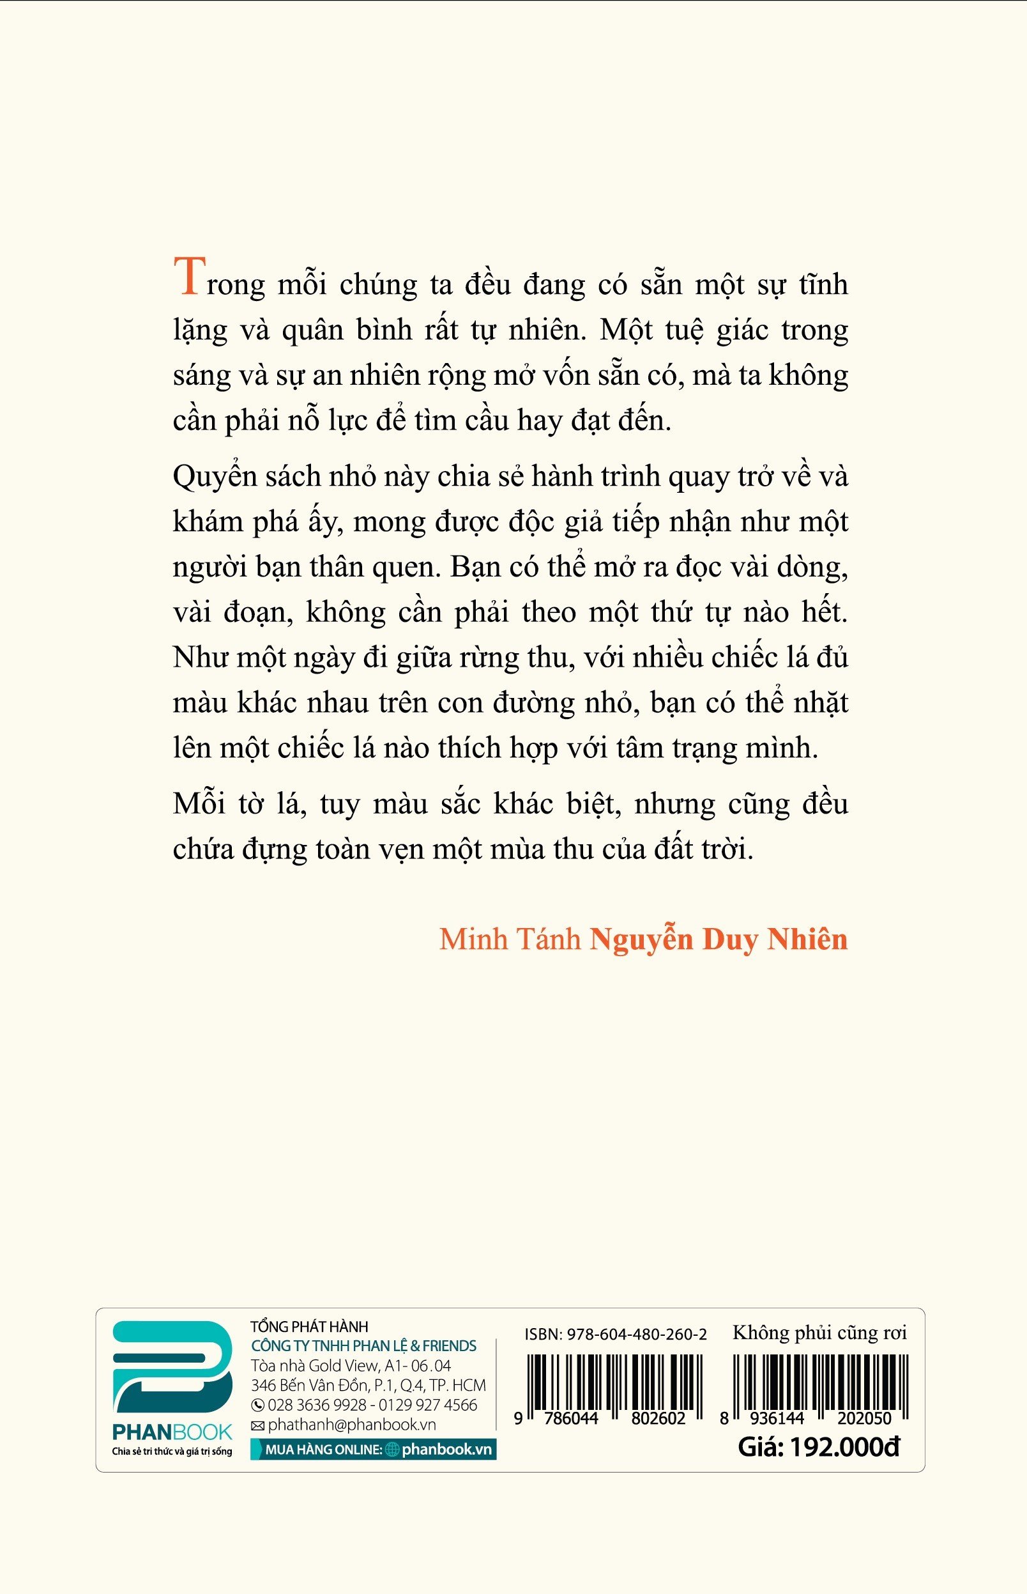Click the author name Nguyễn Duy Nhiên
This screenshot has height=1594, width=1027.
(719, 940)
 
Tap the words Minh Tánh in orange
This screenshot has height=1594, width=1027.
(510, 940)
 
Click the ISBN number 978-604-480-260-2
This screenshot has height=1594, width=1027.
(636, 1334)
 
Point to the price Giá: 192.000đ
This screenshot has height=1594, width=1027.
(818, 1447)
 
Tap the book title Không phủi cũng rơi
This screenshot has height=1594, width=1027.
(819, 1333)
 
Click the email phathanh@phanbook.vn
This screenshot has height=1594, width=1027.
(351, 1424)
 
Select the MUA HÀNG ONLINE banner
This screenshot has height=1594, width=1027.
(373, 1449)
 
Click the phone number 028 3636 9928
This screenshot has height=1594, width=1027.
(317, 1405)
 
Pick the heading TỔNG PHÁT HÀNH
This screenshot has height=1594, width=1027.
(309, 1327)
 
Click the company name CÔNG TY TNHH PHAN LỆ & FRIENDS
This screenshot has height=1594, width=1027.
(363, 1346)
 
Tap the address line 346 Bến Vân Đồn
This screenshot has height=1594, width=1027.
(368, 1385)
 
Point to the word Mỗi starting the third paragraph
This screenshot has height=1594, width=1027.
(198, 804)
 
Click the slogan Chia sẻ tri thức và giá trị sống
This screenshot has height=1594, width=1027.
(172, 1452)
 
